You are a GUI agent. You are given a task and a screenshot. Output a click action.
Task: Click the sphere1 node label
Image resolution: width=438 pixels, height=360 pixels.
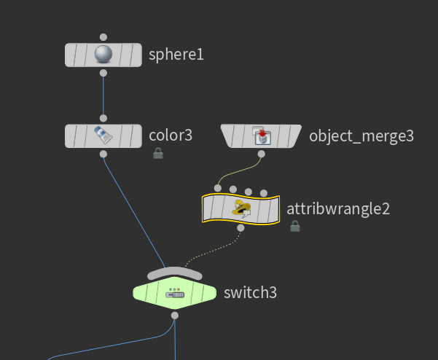point(176,55)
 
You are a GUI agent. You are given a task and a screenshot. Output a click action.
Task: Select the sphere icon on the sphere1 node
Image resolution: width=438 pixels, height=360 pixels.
point(103,55)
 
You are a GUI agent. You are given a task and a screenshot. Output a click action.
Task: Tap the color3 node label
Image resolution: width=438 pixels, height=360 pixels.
point(171,135)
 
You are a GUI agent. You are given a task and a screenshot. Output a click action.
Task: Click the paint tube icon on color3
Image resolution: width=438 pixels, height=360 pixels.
point(103,136)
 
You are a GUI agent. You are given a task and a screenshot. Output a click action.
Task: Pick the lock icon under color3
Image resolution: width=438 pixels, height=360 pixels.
point(157,153)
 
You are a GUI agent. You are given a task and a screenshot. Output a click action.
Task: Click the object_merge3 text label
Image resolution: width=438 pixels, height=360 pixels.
point(361,136)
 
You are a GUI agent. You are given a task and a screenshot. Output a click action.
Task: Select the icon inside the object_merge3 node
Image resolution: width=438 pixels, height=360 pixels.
point(261,136)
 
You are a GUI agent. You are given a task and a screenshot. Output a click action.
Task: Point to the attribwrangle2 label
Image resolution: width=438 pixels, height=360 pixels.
point(338,208)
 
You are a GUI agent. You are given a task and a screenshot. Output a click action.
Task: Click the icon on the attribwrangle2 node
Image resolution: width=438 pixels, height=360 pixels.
point(241,209)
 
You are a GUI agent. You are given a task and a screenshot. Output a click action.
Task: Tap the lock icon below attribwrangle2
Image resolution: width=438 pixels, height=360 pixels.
point(295,227)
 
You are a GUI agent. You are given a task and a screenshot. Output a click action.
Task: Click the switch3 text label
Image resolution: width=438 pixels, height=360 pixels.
point(250,293)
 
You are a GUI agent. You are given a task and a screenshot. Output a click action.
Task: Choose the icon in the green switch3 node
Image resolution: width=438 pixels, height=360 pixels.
point(175,293)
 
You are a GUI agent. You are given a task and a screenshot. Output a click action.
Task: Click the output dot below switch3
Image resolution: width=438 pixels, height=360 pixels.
point(175,316)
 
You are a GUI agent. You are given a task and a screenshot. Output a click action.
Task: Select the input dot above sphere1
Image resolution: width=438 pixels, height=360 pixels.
point(103,36)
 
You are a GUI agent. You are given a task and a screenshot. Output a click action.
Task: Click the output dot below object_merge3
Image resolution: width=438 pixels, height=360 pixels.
point(261,154)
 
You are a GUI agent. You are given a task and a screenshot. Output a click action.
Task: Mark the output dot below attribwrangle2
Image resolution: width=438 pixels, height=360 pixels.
point(240,228)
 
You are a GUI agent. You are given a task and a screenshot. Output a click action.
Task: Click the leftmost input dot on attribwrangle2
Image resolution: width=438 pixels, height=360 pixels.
point(218,189)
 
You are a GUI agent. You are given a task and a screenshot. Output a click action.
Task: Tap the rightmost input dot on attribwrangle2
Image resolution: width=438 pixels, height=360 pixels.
point(263,192)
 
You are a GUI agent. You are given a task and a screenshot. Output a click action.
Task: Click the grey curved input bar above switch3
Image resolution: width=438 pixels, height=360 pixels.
point(174,273)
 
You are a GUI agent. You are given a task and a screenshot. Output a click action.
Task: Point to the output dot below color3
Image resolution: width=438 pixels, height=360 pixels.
point(103,154)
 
